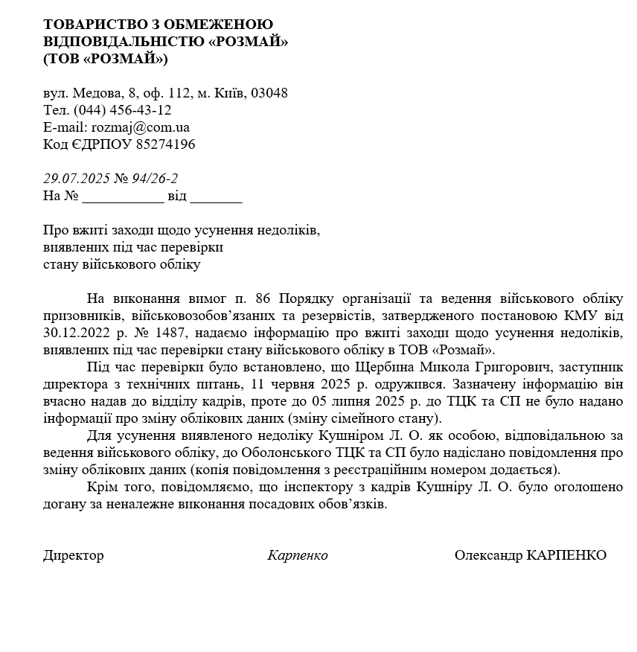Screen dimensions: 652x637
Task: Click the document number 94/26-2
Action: coord(155,179)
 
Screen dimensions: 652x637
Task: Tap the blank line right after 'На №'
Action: coord(123,197)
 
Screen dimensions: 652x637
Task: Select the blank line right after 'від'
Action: coord(217,197)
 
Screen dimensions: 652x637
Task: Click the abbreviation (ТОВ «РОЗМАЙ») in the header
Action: coord(106,59)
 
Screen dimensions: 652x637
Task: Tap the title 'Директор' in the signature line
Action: coord(74,555)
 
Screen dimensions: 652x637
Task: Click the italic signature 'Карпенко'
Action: coord(298,555)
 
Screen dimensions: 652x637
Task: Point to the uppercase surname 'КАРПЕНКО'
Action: coord(566,555)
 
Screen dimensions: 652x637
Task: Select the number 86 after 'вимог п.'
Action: coord(263,298)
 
